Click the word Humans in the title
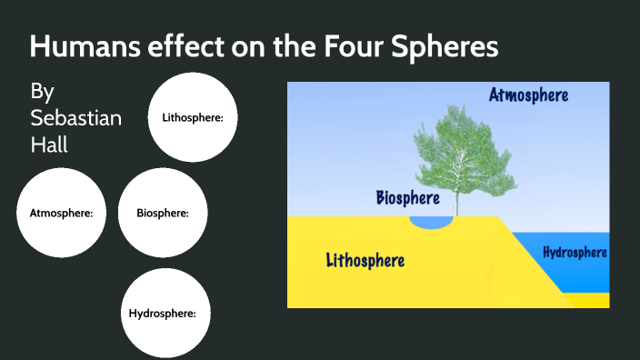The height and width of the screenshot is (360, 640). click(x=81, y=47)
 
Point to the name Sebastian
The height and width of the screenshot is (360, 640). click(x=76, y=118)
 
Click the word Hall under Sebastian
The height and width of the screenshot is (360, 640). click(x=49, y=144)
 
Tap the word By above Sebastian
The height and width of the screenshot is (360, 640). click(x=42, y=92)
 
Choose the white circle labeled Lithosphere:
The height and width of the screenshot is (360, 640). click(x=193, y=117)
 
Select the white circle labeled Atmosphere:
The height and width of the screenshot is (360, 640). click(x=61, y=214)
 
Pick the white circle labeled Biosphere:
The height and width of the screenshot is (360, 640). click(x=163, y=214)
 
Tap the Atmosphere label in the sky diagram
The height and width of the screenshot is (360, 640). click(x=528, y=95)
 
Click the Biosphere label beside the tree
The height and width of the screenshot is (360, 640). click(x=408, y=197)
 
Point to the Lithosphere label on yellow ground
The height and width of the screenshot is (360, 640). click(x=365, y=261)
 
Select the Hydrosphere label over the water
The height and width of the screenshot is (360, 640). click(x=575, y=252)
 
